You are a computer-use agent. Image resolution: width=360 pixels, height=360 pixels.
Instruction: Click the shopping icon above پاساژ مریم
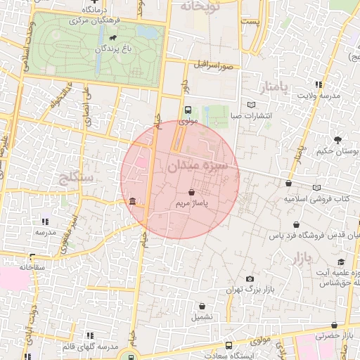pos(192,191)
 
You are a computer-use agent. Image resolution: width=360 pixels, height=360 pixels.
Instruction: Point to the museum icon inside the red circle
pos(133,204)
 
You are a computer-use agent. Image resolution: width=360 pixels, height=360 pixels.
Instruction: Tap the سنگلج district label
pos(78,176)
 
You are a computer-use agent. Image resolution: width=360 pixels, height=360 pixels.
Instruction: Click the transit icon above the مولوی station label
pos(188,110)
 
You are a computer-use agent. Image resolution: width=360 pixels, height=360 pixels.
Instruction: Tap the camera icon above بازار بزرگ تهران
pos(250,278)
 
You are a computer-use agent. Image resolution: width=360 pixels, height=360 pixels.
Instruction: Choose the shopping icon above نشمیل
pos(203,306)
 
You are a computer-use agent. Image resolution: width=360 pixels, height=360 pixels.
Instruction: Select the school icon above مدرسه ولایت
pos(320,84)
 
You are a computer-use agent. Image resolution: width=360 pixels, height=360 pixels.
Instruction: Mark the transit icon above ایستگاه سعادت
pos(229,345)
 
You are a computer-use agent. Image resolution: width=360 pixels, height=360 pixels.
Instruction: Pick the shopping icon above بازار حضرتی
pos(334,325)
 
